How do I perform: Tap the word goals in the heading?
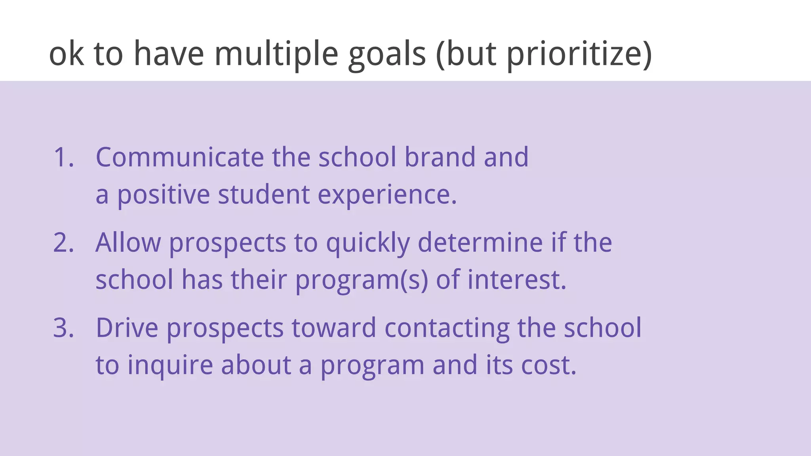point(387,54)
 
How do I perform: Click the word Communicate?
point(180,157)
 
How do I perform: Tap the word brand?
point(439,157)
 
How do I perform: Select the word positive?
point(163,195)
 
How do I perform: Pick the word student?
point(263,195)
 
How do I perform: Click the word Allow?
point(128,242)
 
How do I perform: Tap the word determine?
point(480,242)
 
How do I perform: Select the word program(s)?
point(362,280)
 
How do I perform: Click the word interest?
point(516,279)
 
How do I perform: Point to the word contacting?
point(447,329)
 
